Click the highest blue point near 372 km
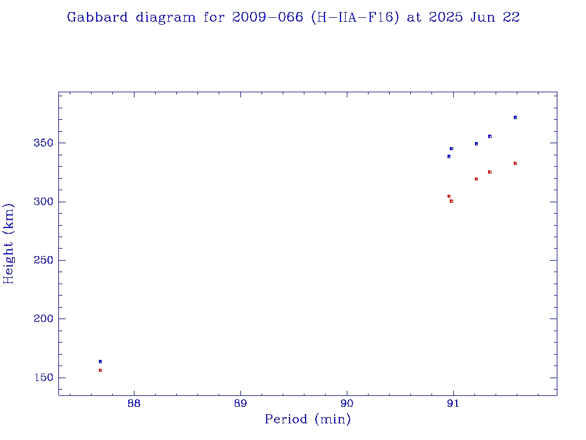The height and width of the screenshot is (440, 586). click(x=515, y=117)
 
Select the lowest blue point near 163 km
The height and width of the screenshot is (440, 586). click(x=100, y=362)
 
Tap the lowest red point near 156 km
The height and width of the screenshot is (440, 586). click(x=100, y=370)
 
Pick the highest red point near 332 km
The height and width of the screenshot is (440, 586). click(x=515, y=163)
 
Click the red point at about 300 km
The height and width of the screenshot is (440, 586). click(x=452, y=201)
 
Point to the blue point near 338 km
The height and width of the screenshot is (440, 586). click(x=449, y=156)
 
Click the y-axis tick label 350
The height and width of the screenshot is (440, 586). click(x=43, y=143)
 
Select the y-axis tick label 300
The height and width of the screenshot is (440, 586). click(x=43, y=202)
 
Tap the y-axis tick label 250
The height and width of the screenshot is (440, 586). click(x=43, y=260)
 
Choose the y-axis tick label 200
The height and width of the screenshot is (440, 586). click(x=43, y=319)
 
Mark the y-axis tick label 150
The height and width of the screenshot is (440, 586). click(x=43, y=378)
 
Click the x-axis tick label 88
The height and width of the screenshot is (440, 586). click(x=134, y=403)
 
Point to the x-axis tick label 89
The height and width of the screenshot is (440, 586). click(x=240, y=403)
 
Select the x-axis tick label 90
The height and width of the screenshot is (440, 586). click(x=347, y=403)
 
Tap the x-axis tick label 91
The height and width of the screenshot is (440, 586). click(x=453, y=403)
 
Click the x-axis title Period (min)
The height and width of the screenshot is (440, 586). click(x=308, y=419)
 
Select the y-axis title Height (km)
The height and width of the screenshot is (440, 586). click(x=9, y=243)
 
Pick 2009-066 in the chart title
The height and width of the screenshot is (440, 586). click(x=268, y=17)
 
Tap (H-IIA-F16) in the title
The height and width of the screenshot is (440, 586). click(x=355, y=17)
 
